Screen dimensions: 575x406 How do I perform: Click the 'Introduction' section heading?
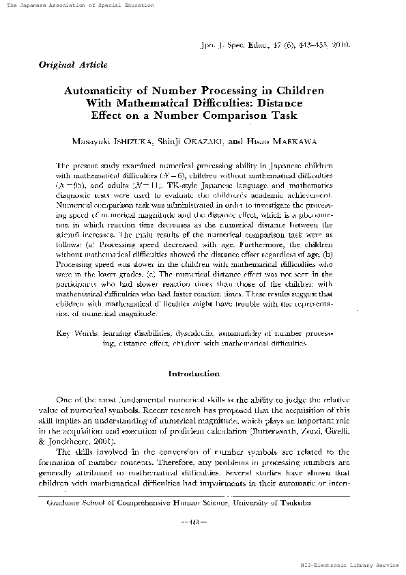pos(194,374)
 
